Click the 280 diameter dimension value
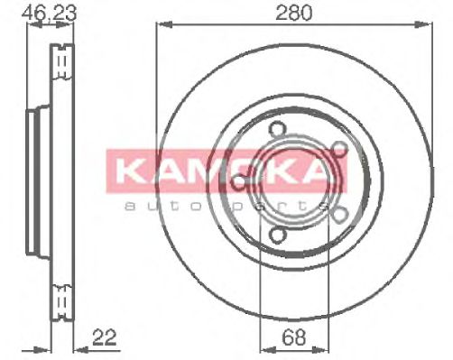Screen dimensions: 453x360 [x=294, y=13]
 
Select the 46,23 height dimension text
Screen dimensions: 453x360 [x=50, y=14]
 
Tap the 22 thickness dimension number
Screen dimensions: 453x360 [x=105, y=337]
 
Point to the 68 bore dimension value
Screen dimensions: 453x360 [x=293, y=337]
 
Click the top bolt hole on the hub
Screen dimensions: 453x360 [x=276, y=129]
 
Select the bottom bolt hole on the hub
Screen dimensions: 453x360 [x=276, y=235]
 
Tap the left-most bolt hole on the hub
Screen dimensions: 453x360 [x=240, y=181]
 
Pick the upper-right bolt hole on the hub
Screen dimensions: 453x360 [x=340, y=149]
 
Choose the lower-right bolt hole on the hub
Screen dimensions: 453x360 [x=340, y=215]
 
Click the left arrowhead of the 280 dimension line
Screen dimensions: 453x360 [x=164, y=24]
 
